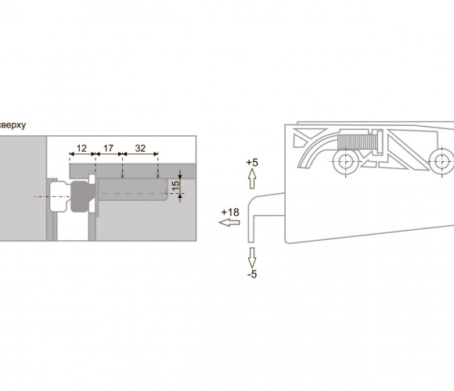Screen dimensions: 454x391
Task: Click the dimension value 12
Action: [x=81, y=149]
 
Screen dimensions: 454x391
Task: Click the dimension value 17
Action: [x=108, y=149]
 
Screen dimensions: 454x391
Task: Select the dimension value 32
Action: [x=140, y=149]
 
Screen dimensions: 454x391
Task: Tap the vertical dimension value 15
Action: [x=176, y=185]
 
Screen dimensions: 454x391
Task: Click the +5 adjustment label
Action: [x=252, y=163]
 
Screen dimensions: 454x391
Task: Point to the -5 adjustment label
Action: [x=252, y=274]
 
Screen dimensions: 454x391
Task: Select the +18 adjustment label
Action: [x=230, y=213]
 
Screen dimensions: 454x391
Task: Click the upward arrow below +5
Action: [x=252, y=178]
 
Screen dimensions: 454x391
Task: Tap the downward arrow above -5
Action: [x=252, y=257]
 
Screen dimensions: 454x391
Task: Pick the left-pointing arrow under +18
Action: [x=229, y=223]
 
